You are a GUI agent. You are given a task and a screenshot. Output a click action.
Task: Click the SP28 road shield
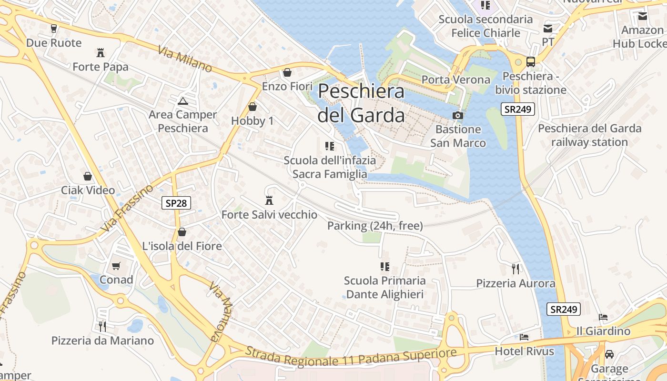tap(176, 203)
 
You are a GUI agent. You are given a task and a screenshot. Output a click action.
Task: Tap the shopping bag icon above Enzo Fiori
tap(287, 72)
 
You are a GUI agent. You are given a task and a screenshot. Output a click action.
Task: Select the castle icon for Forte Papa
tap(101, 52)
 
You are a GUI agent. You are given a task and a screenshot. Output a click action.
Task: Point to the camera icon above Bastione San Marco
tap(457, 115)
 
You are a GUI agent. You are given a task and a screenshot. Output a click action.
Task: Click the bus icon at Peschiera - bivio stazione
tap(530, 62)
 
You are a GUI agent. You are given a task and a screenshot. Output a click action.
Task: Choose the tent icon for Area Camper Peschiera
tap(182, 101)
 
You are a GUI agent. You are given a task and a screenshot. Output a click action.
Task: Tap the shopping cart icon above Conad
tap(116, 266)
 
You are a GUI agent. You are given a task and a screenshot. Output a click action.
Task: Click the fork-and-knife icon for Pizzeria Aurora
tap(515, 269)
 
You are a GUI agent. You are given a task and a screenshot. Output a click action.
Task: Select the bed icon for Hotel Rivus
tap(524, 337)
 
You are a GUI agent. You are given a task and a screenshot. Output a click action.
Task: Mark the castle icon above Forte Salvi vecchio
tap(269, 201)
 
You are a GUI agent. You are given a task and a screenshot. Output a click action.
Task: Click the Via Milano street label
tap(185, 60)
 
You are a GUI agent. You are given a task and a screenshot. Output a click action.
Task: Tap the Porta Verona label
tap(456, 80)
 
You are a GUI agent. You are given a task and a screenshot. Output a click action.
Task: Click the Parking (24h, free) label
tap(375, 226)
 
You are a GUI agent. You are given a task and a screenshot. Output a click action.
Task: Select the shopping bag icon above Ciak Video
tap(88, 177)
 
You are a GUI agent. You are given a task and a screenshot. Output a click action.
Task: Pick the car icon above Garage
tap(609, 354)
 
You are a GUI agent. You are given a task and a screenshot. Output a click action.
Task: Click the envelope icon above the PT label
tap(548, 29)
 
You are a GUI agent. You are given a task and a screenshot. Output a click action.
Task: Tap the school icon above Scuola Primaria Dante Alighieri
tap(384, 267)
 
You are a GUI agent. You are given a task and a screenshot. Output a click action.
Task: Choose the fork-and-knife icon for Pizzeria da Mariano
tap(102, 326)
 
